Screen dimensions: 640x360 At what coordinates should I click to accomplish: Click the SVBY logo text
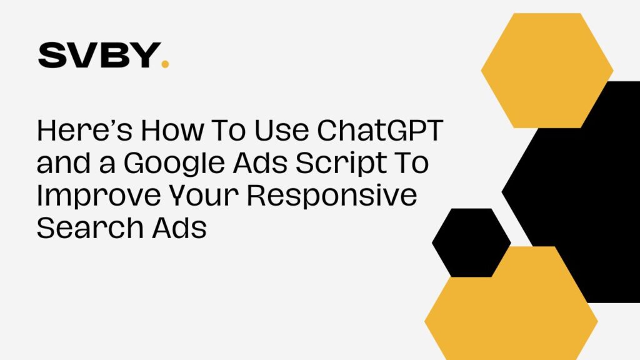(x=99, y=55)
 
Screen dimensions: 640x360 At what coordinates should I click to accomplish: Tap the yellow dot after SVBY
(x=165, y=64)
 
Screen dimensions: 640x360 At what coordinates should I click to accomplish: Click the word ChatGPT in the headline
(x=380, y=130)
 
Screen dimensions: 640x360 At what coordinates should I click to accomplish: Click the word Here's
(x=84, y=130)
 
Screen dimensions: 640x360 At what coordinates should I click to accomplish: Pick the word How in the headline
(x=172, y=130)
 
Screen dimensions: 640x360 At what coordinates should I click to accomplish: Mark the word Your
(x=204, y=195)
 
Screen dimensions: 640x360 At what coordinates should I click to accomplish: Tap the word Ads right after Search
(x=179, y=227)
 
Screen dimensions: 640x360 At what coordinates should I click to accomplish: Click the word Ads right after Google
(x=260, y=162)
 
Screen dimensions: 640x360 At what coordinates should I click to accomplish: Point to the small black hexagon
(x=471, y=243)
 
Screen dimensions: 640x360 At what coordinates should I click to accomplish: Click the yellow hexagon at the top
(x=547, y=70)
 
